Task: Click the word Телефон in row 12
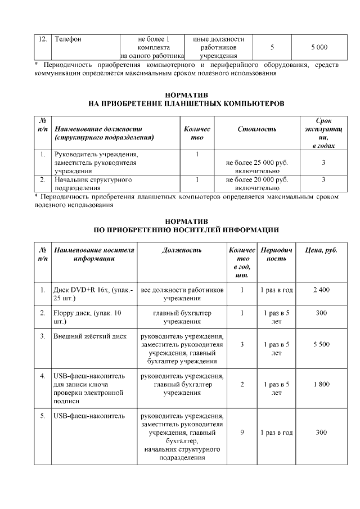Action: [68, 39]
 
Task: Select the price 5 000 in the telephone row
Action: [318, 48]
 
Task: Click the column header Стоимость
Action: [256, 129]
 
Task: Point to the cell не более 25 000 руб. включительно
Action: [256, 166]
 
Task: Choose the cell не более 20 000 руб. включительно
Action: [256, 184]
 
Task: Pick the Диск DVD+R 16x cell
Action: [93, 294]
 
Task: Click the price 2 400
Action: [321, 290]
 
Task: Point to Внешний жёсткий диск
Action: [89, 336]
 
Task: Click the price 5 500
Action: [321, 344]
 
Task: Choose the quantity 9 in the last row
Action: [241, 433]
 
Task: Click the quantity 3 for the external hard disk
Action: [241, 344]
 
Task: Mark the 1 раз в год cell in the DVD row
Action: [276, 290]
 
